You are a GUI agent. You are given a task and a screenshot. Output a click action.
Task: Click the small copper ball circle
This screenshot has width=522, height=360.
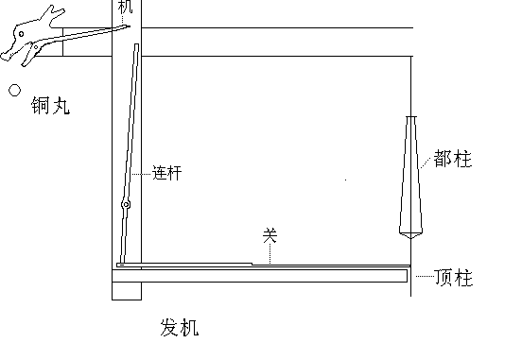14,91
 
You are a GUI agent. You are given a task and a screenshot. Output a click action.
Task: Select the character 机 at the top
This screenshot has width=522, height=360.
126,7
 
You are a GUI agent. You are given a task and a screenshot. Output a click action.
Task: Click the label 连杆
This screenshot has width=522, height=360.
167,174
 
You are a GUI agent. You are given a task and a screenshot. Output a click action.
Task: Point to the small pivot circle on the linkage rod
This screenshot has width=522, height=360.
125,205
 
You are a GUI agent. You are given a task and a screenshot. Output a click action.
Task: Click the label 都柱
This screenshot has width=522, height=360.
453,158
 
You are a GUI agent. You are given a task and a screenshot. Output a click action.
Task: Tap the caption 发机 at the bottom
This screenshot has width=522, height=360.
180,329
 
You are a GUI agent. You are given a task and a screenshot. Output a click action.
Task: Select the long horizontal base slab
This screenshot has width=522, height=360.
260,275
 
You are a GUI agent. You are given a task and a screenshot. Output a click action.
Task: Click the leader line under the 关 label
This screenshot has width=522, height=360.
270,253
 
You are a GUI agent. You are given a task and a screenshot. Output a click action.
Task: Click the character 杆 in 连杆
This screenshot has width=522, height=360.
176,174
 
